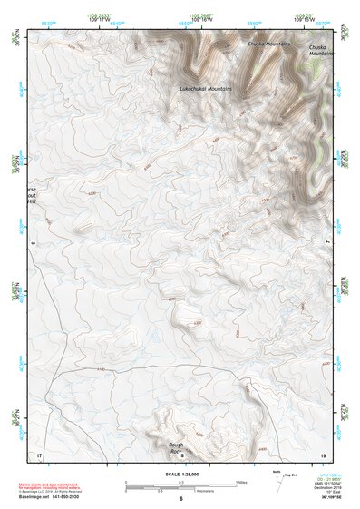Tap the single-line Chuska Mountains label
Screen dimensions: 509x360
click(268, 43)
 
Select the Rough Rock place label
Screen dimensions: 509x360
click(176, 446)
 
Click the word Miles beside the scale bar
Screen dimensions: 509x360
click(241, 482)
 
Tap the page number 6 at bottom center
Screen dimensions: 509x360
click(180, 498)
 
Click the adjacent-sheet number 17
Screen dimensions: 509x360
click(38, 453)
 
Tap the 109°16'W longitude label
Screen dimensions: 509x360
click(201, 20)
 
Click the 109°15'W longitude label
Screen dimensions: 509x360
click(303, 20)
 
